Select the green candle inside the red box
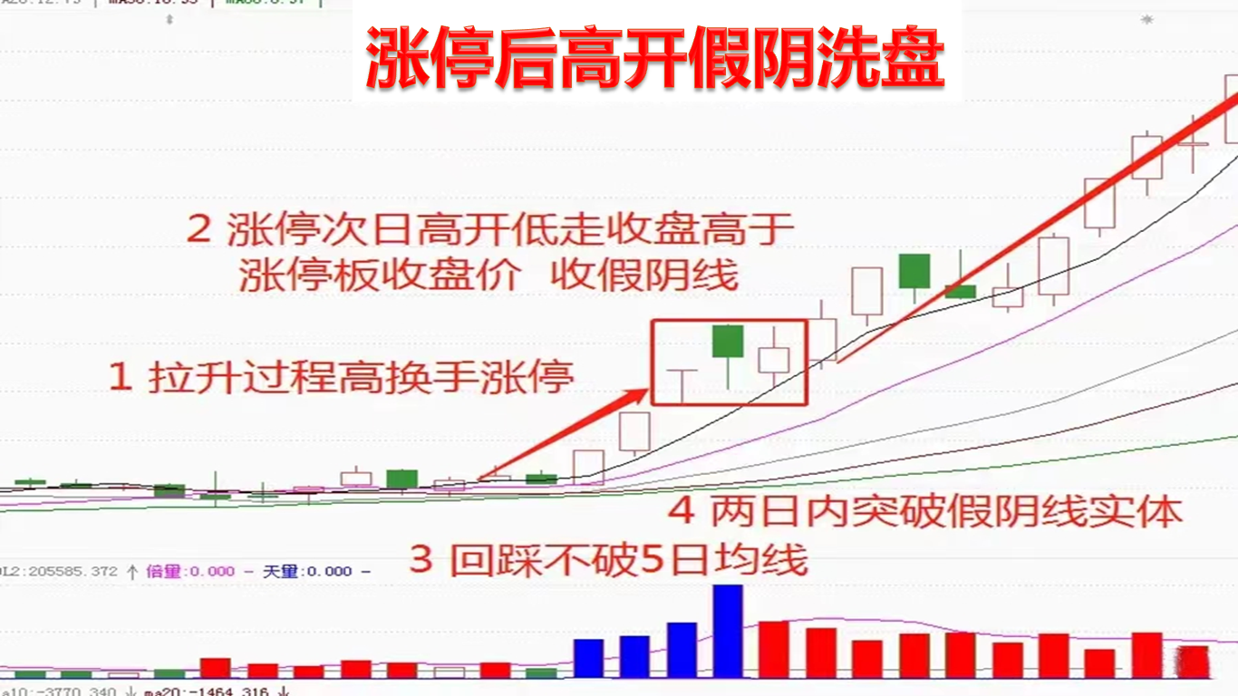[x=728, y=342]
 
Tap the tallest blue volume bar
[x=728, y=630]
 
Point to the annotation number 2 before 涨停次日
[x=198, y=228]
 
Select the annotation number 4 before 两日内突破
[x=681, y=512]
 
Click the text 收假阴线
[x=644, y=275]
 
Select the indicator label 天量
[x=281, y=571]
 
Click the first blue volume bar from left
[x=588, y=658]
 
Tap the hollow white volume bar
[x=449, y=672]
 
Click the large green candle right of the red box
[x=914, y=271]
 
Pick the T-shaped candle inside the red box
[x=681, y=384]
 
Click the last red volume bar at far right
[x=1193, y=662]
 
